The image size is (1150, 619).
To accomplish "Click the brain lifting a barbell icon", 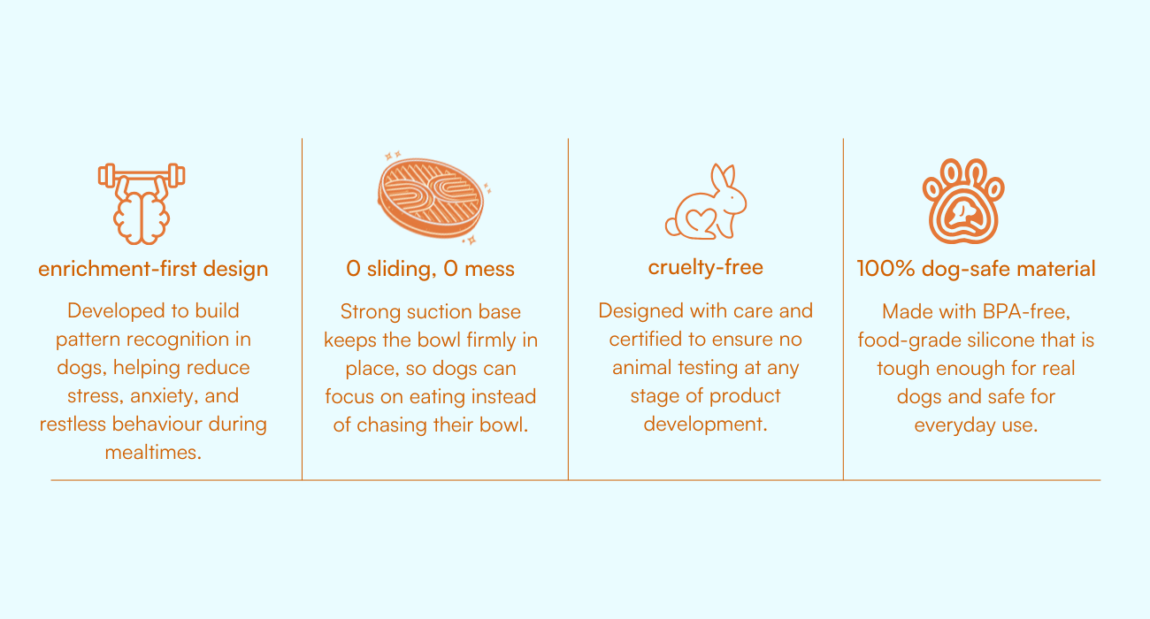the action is [142, 203].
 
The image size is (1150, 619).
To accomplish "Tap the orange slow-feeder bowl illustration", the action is [432, 198].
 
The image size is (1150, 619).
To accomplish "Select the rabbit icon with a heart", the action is [705, 202].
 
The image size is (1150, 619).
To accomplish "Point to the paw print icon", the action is [963, 201].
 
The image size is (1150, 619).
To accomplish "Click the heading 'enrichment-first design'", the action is [153, 269].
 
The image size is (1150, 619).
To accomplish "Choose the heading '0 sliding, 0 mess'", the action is [430, 269].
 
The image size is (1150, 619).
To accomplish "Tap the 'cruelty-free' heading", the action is [705, 267].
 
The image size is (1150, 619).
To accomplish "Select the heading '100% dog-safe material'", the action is [976, 269].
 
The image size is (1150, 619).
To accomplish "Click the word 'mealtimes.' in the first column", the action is [153, 453].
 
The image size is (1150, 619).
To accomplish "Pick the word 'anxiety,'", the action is [165, 396].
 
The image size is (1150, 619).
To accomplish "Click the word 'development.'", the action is [705, 424].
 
